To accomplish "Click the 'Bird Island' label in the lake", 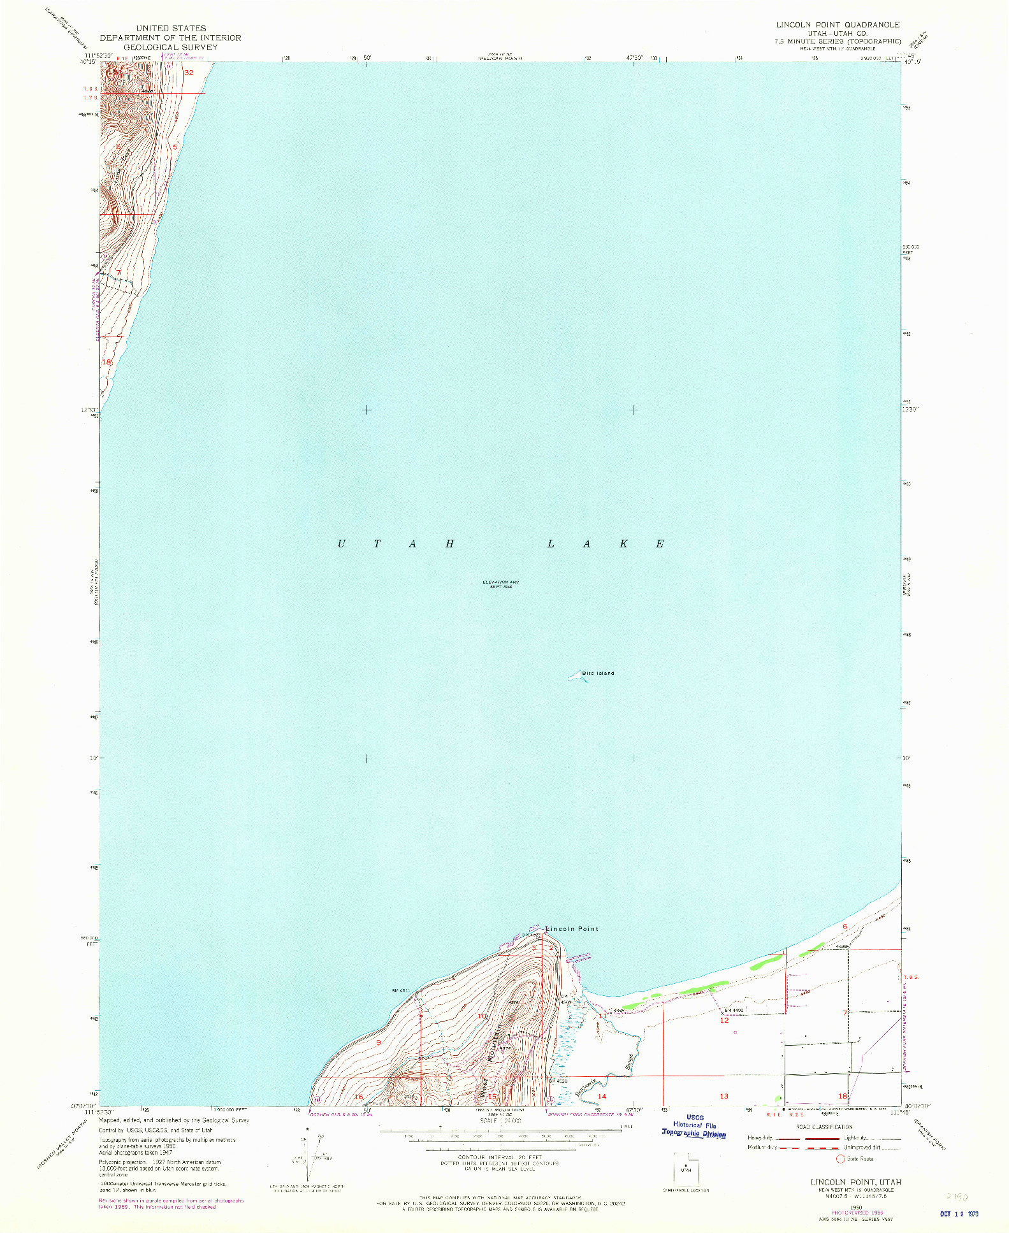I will coord(597,673).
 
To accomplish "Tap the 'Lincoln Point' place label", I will coord(571,928).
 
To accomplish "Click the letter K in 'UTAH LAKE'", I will coord(624,544).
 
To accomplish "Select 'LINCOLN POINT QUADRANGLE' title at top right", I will coord(838,24).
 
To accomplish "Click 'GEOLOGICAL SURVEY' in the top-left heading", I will coord(170,47).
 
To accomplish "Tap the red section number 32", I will coord(189,73).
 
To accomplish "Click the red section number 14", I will coord(602,1097).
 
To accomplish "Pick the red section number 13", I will coord(723,1096).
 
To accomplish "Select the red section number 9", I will coord(378,1042).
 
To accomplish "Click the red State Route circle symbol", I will coord(841,1158).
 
